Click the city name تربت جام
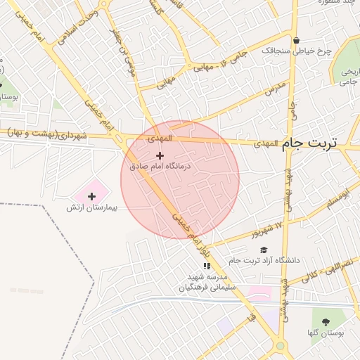310,142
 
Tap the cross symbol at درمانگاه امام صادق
160,155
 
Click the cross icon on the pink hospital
91,196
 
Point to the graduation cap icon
264,250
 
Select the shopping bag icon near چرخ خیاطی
297,41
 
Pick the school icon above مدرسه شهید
206,266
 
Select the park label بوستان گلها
324,333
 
